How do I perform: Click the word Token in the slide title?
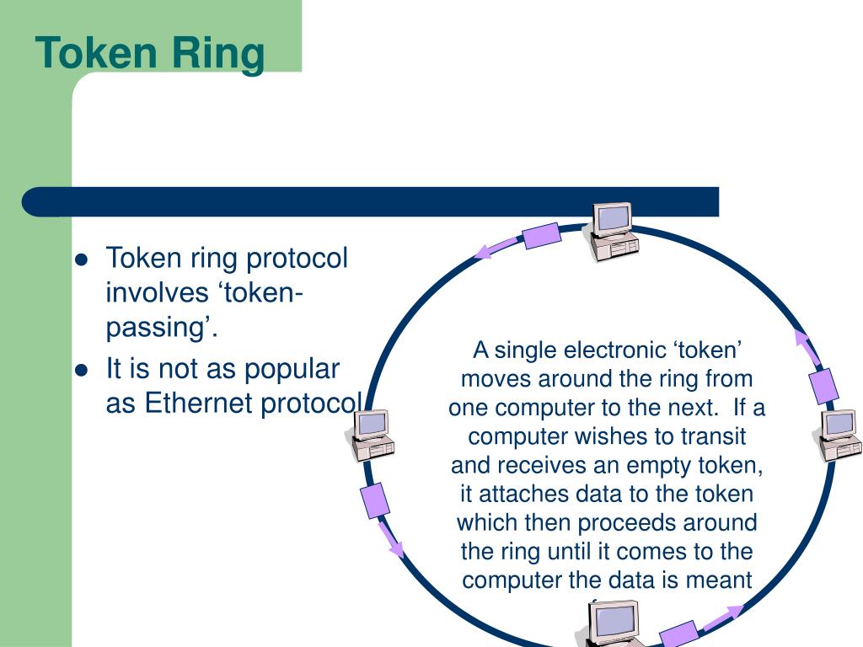pyautogui.click(x=94, y=52)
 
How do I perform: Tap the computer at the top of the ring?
pyautogui.click(x=613, y=230)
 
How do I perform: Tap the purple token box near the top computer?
pyautogui.click(x=542, y=235)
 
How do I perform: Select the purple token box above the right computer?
pyautogui.click(x=823, y=385)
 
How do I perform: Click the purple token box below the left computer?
pyautogui.click(x=375, y=500)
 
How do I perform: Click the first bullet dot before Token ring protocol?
pyautogui.click(x=82, y=259)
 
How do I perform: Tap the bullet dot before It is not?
pyautogui.click(x=82, y=370)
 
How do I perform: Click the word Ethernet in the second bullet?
pyautogui.click(x=199, y=404)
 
